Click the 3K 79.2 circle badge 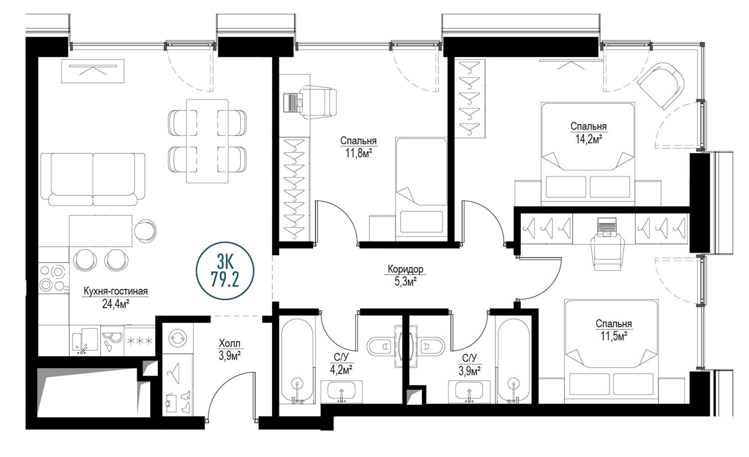[225, 271]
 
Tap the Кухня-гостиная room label [115, 291]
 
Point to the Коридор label [405, 269]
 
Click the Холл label [229, 343]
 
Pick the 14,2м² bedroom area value [589, 139]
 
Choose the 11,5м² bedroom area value [613, 336]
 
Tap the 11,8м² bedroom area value [359, 153]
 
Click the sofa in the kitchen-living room [92, 179]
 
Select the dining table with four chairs [207, 141]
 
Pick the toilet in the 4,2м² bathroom [381, 347]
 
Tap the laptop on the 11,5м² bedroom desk [606, 227]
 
